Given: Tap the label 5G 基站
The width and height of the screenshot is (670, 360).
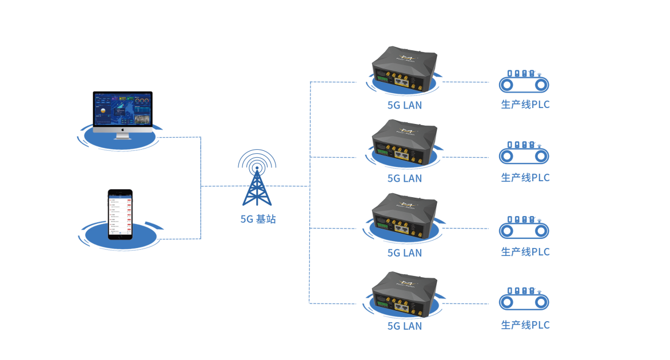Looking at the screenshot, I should pyautogui.click(x=258, y=219).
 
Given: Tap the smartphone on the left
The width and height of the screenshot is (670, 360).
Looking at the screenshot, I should pyautogui.click(x=120, y=214).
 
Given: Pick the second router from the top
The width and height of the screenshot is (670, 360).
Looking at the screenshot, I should pyautogui.click(x=404, y=143).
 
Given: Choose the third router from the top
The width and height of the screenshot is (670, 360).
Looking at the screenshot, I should pyautogui.click(x=404, y=217).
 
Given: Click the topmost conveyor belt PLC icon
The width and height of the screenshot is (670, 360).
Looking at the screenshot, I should pyautogui.click(x=524, y=82).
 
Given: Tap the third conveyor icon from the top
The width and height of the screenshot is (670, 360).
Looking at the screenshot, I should pyautogui.click(x=524, y=228).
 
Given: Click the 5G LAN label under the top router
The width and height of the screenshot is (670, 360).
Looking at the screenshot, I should pyautogui.click(x=405, y=105).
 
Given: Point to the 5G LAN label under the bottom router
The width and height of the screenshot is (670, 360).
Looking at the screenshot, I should pyautogui.click(x=405, y=326).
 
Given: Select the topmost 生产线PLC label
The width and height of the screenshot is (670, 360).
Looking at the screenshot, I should pyautogui.click(x=525, y=105).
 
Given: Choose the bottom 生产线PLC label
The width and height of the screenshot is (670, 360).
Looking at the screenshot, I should pyautogui.click(x=525, y=325).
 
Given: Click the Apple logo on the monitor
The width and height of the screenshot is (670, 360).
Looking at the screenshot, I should pyautogui.click(x=122, y=130).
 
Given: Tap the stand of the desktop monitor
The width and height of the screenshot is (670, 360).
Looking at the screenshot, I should pyautogui.click(x=122, y=137).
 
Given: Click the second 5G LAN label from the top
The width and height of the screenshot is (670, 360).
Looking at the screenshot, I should pyautogui.click(x=405, y=178).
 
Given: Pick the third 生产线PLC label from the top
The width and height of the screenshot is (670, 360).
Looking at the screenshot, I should pyautogui.click(x=525, y=251).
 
